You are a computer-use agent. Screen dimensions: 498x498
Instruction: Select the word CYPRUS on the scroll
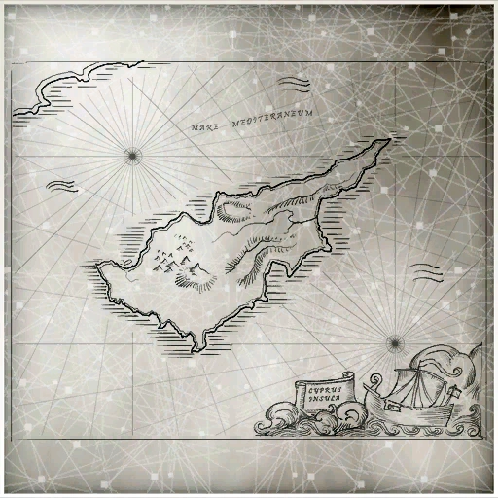(322, 387)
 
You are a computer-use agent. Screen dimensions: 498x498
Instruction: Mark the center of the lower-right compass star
(393, 342)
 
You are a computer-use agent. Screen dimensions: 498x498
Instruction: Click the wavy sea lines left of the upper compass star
(62, 185)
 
